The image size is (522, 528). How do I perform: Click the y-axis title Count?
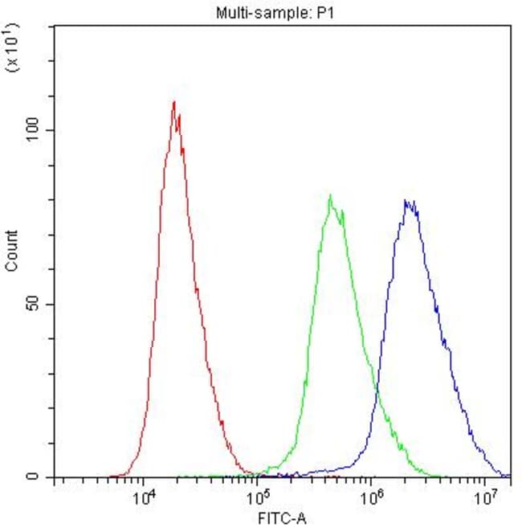(12, 251)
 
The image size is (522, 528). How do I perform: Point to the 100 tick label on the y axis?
(33, 130)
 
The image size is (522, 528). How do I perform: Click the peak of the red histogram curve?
(173, 103)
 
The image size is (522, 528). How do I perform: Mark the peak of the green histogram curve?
(330, 195)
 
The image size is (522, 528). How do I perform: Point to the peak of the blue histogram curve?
(408, 201)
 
